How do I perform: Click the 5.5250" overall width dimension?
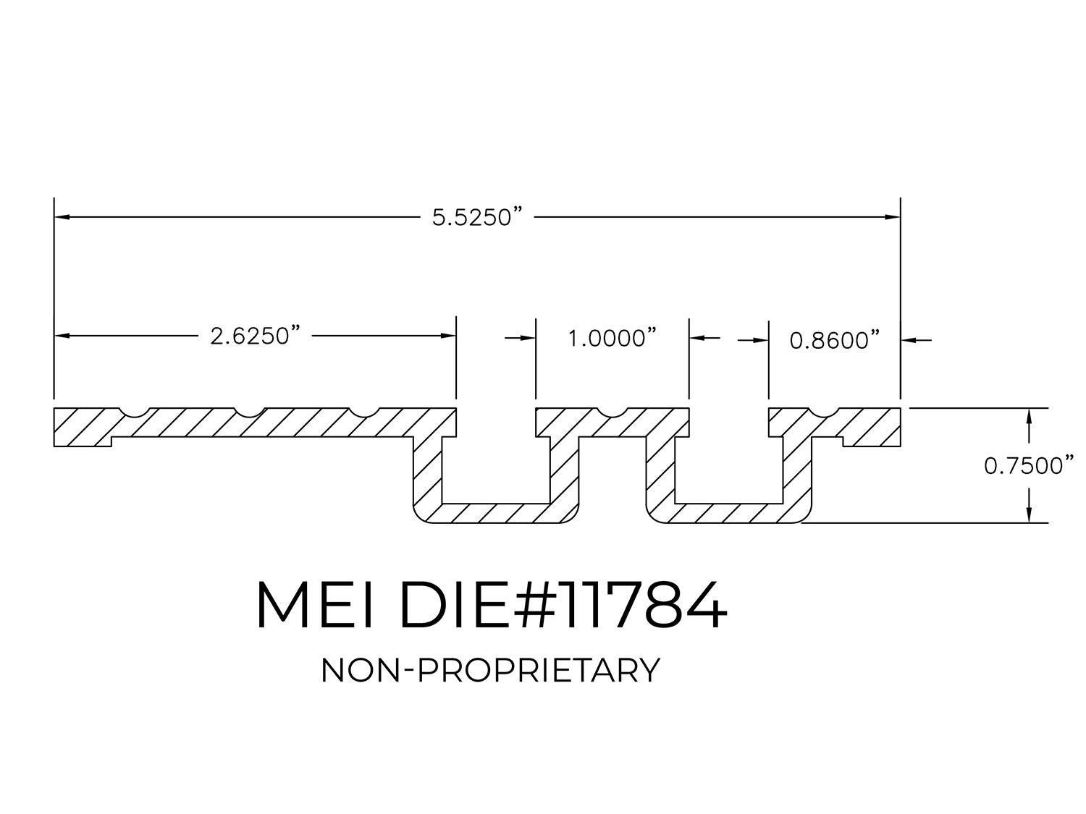tap(477, 218)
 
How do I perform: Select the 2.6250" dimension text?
tap(256, 336)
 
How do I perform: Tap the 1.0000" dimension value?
tap(612, 339)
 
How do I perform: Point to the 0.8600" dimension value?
tap(835, 341)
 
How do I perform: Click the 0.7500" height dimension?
tap(1030, 466)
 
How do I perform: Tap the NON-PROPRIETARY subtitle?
tap(490, 671)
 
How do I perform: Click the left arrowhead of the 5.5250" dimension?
tap(62, 217)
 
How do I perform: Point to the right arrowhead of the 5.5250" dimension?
tap(893, 217)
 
